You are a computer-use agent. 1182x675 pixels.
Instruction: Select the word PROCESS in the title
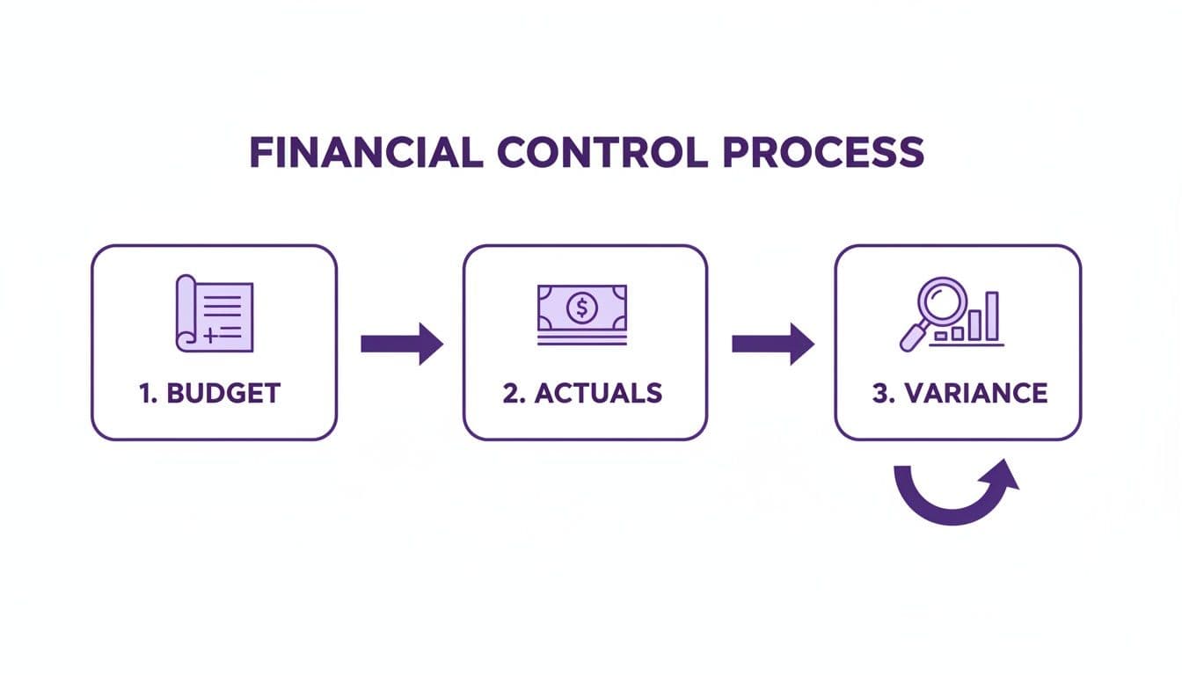(823, 153)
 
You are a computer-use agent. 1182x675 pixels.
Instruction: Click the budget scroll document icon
(215, 314)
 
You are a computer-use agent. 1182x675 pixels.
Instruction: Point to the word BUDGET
(223, 393)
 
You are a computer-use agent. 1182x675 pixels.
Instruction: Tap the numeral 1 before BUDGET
(146, 393)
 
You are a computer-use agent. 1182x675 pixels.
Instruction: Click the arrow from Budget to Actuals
(402, 343)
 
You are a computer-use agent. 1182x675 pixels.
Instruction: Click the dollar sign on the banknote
(581, 308)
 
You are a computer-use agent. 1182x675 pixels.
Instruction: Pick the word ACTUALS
(596, 393)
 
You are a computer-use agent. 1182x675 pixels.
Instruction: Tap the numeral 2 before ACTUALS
(512, 393)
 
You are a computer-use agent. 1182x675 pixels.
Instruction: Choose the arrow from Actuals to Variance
(773, 343)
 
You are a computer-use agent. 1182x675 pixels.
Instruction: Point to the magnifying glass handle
(911, 338)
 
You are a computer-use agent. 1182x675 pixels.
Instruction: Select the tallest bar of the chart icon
(992, 316)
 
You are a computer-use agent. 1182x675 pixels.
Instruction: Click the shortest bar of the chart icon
(941, 336)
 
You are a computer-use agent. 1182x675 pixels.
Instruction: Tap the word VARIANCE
(974, 393)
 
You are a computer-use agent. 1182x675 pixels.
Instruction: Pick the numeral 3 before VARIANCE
(880, 393)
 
